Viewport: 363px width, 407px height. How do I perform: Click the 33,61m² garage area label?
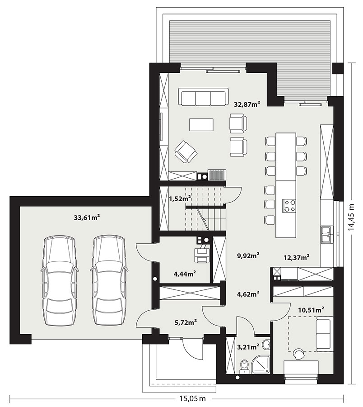click(x=87, y=218)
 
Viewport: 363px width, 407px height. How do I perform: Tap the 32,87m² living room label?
click(x=247, y=104)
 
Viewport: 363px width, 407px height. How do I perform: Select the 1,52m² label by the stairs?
click(x=180, y=199)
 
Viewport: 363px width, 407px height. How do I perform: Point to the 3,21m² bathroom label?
click(x=248, y=346)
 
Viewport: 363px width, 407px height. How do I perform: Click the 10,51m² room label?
click(x=312, y=310)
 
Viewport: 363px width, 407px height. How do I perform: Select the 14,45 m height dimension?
click(x=351, y=217)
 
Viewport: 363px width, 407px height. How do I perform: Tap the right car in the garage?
click(x=109, y=280)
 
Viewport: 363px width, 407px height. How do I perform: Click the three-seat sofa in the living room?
click(x=203, y=97)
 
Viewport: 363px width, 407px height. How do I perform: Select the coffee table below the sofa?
click(x=201, y=125)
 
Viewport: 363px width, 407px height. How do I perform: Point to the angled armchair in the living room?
click(x=186, y=151)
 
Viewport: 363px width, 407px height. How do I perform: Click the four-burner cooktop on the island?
click(x=289, y=206)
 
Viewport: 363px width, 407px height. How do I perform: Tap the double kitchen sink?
click(x=327, y=234)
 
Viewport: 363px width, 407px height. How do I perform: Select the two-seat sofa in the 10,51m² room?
click(x=324, y=334)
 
